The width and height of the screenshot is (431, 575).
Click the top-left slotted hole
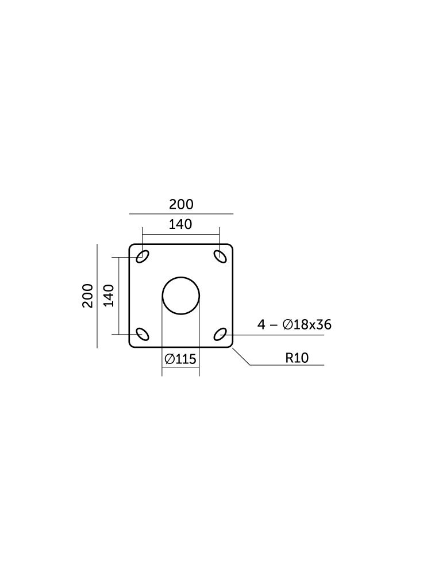click(142, 256)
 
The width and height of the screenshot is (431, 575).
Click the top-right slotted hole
click(220, 256)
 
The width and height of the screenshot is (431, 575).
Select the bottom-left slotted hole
click(142, 334)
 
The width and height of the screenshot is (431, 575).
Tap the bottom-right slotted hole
click(220, 334)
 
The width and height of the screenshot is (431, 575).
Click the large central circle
click(181, 277)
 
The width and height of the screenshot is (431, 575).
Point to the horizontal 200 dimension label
click(181, 204)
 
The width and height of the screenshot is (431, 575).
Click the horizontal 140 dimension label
click(180, 224)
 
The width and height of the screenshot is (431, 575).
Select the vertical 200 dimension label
click(87, 296)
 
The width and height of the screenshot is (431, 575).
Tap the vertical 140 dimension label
click(109, 296)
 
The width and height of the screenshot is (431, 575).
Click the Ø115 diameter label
click(180, 359)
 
